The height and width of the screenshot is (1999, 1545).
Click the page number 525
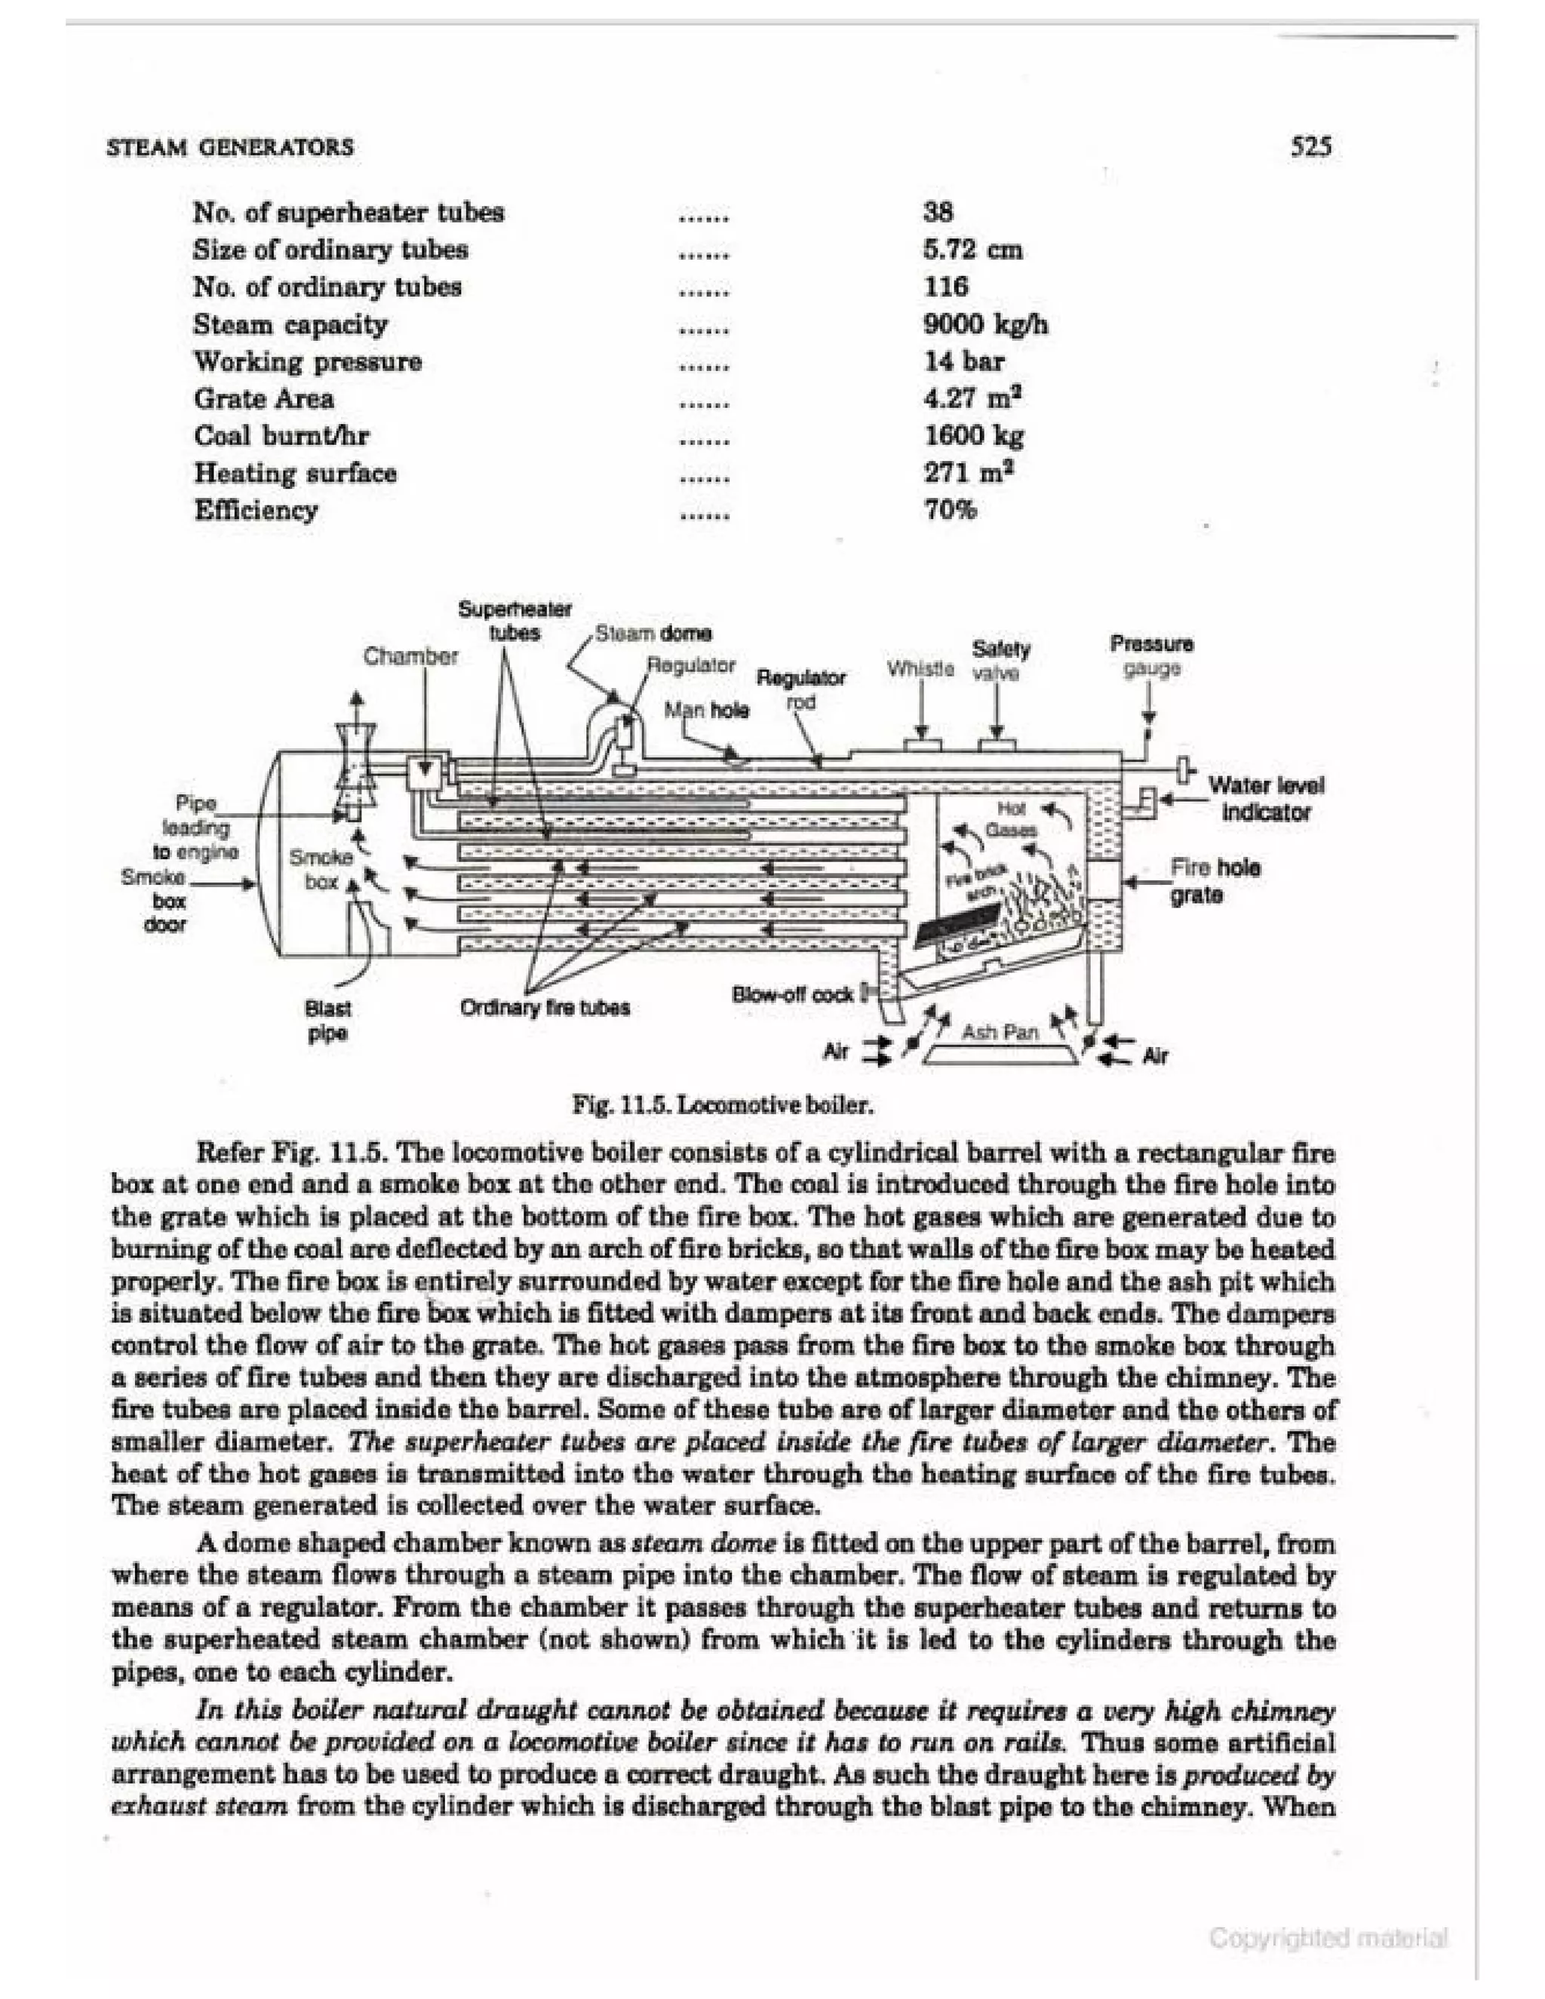tap(1310, 146)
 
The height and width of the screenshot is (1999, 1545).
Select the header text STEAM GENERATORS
tap(230, 147)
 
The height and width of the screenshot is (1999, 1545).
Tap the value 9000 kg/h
tap(984, 324)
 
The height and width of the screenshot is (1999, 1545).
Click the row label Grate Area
tap(263, 399)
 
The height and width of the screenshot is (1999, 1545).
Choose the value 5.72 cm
tap(972, 250)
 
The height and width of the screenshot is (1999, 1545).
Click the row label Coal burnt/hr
tap(281, 436)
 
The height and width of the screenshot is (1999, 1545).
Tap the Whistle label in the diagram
tap(920, 669)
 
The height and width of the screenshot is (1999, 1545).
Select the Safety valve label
tap(1000, 661)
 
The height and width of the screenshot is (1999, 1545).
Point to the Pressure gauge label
tap(1151, 656)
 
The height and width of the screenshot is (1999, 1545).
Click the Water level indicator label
tap(1265, 798)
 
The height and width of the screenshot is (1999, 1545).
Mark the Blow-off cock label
tap(793, 994)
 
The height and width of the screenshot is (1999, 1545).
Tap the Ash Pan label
tap(1000, 1033)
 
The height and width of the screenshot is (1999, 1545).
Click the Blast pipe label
tap(327, 1021)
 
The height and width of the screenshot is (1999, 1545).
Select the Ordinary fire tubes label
tap(545, 1008)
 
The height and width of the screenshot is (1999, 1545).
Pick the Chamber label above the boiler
tap(410, 656)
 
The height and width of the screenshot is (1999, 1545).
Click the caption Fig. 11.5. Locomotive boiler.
tap(722, 1105)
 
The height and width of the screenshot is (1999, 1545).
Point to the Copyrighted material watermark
tap(1327, 1938)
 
